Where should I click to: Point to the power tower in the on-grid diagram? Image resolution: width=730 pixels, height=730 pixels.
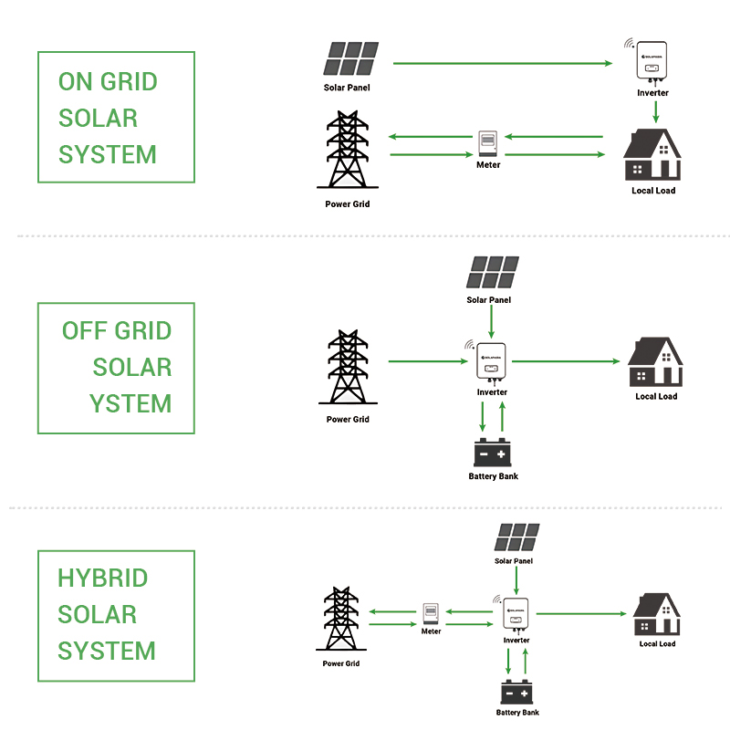click(x=347, y=151)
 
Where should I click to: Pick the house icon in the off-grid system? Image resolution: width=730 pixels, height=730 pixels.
click(x=656, y=363)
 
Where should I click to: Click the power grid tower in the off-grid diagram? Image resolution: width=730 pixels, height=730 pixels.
click(x=348, y=368)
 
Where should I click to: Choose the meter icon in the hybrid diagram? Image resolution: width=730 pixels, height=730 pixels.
click(x=431, y=612)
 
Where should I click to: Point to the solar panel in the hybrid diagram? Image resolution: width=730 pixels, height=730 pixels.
click(x=516, y=537)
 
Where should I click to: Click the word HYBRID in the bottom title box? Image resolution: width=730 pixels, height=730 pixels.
click(x=103, y=579)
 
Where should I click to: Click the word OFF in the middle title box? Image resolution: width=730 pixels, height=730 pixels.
click(x=80, y=331)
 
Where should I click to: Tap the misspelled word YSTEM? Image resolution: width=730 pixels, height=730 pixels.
click(x=130, y=403)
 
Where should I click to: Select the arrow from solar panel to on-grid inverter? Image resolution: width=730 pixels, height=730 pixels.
click(x=502, y=64)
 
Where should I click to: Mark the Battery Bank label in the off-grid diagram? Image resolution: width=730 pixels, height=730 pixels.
click(x=493, y=476)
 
